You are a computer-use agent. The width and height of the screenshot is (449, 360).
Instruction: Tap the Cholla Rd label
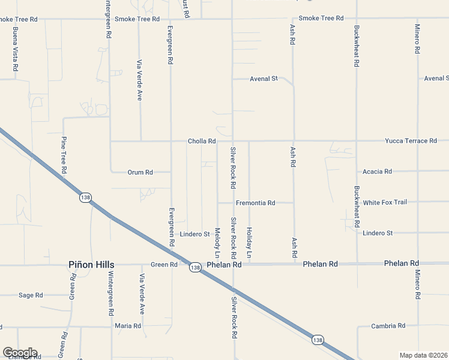point(202,142)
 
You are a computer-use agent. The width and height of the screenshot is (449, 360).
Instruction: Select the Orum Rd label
point(140,172)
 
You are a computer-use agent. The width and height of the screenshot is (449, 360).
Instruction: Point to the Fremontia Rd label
point(255,203)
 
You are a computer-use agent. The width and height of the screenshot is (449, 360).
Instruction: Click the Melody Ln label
point(217,239)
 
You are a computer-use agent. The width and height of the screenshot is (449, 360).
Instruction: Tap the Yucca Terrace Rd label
point(411,141)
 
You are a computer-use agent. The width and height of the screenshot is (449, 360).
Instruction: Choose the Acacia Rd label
point(377,172)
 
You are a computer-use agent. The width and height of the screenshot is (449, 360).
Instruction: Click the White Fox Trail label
point(385,202)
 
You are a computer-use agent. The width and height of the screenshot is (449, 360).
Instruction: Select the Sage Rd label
point(31,295)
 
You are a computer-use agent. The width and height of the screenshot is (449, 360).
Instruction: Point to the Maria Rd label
point(128,326)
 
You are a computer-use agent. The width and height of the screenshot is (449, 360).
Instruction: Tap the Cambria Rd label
point(388,326)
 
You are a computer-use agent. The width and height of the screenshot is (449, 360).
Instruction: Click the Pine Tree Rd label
point(63,155)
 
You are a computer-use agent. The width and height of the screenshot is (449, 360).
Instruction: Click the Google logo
point(20,353)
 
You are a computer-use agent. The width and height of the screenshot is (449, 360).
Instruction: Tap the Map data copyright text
point(424,355)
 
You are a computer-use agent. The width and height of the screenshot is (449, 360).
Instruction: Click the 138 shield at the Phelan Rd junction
point(194,267)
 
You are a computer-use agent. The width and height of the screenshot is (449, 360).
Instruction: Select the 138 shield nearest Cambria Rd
point(318,340)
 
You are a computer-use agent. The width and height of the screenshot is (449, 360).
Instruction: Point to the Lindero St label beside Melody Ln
point(194,234)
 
